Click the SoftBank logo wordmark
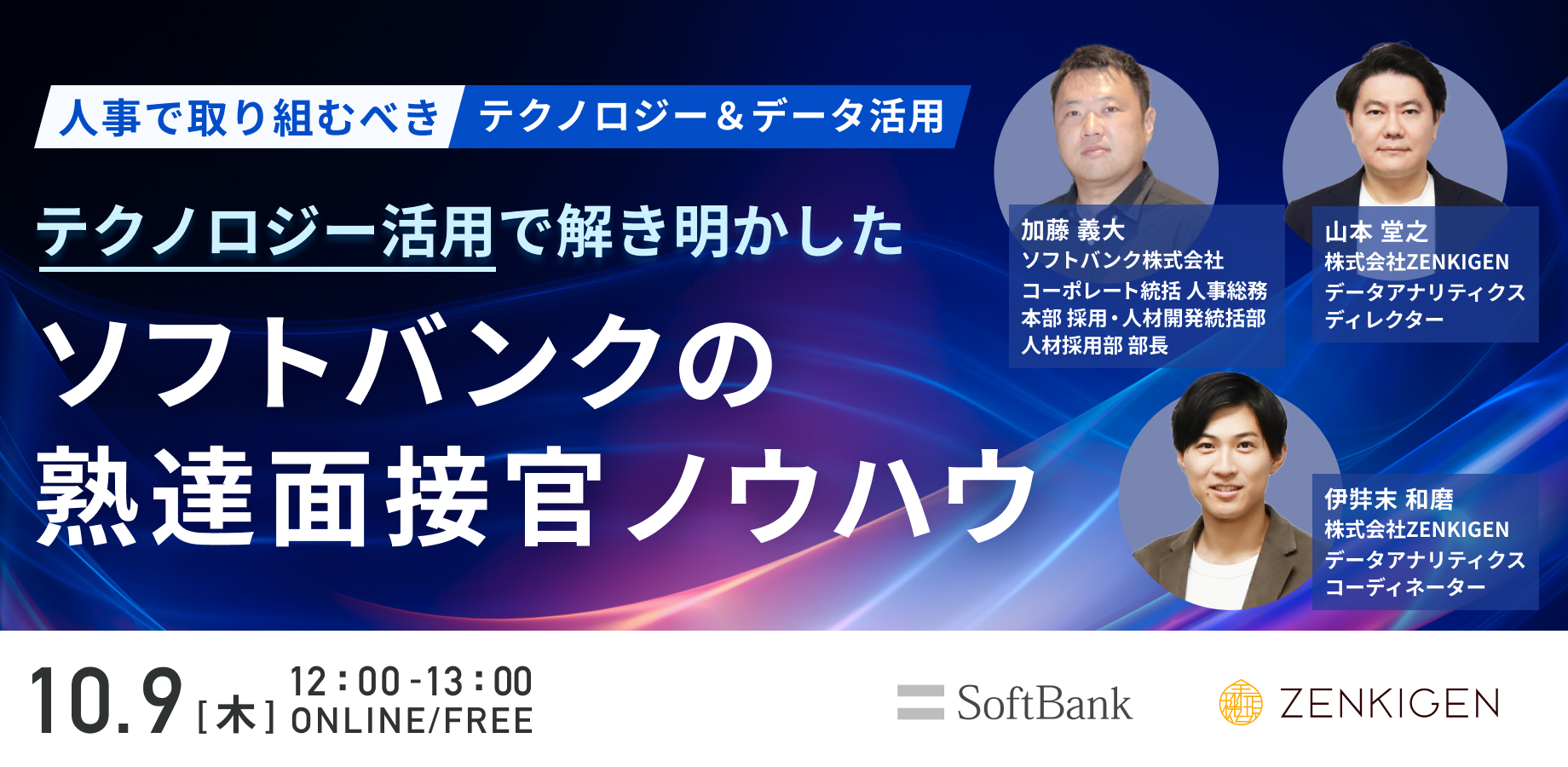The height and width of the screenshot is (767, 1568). (1044, 704)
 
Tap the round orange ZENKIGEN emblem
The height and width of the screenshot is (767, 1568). (1241, 703)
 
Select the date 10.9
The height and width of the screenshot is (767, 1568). (107, 701)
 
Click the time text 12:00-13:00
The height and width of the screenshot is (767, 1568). (411, 682)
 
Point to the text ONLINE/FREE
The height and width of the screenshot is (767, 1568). (412, 721)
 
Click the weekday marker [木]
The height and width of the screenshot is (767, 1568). (236, 716)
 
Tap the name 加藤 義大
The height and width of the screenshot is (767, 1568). (1073, 230)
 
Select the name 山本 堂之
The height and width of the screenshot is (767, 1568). (1376, 232)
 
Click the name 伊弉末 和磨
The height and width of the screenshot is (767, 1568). (1389, 499)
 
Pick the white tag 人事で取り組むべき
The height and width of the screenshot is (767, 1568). (248, 117)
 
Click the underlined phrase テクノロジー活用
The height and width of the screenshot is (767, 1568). (266, 232)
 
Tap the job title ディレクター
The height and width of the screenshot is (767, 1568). (1384, 320)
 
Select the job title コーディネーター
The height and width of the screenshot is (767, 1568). (1405, 587)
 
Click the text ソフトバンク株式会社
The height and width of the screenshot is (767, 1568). (1122, 260)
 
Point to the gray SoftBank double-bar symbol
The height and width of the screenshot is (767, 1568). (920, 702)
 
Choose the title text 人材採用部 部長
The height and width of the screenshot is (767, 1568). (1094, 345)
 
